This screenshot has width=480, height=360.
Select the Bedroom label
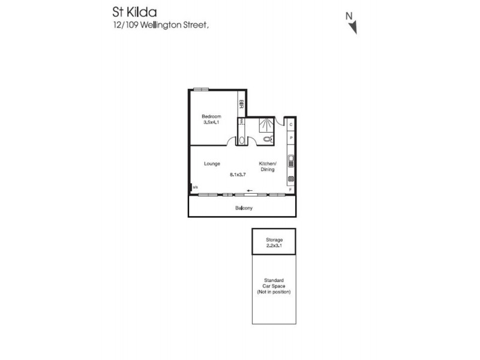click(x=211, y=116)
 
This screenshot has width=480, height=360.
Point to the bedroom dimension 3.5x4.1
click(x=212, y=122)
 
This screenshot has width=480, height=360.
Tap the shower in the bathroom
click(x=265, y=125)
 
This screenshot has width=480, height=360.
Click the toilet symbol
click(x=268, y=139)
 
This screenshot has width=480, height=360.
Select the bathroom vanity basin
click(x=241, y=140)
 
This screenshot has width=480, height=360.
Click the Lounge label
click(x=211, y=164)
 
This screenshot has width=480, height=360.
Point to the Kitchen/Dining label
click(x=268, y=167)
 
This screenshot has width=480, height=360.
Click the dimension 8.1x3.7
click(x=239, y=175)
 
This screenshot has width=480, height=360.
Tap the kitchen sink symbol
click(x=291, y=160)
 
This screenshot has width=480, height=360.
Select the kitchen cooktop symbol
click(x=291, y=179)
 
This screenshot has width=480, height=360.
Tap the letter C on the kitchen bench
click(x=291, y=125)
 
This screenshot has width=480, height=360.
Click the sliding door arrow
click(x=249, y=191)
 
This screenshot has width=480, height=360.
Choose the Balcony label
click(x=242, y=209)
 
